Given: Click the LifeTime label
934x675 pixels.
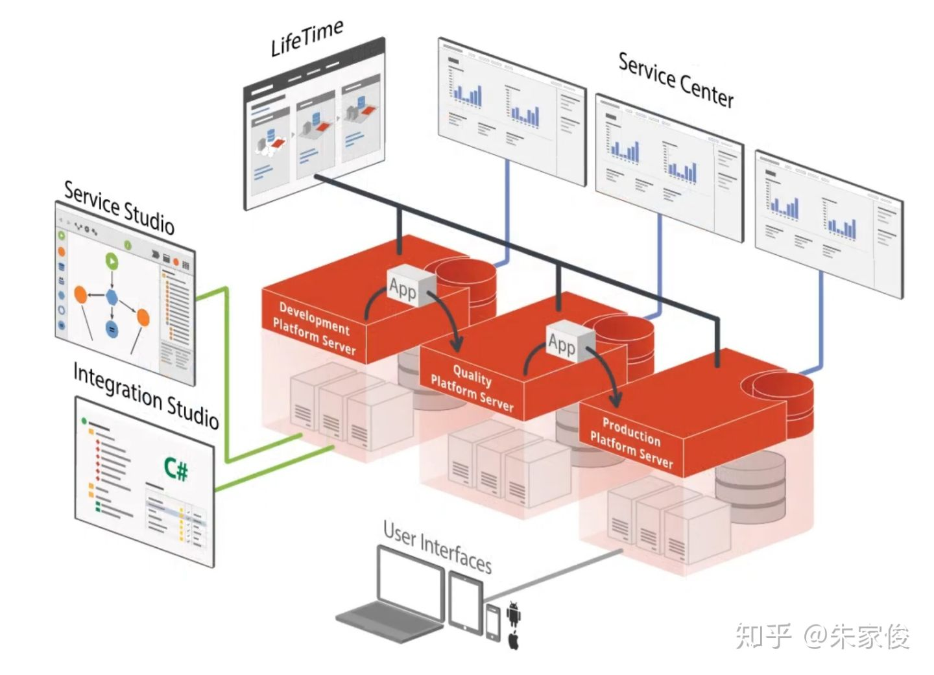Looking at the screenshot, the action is pyautogui.click(x=307, y=38).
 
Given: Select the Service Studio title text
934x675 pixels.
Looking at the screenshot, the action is pyautogui.click(x=119, y=208).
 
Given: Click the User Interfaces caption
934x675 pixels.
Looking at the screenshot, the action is pyautogui.click(x=437, y=547).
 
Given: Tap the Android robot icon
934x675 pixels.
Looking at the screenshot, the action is pyautogui.click(x=514, y=614).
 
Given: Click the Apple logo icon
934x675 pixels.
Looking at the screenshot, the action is pyautogui.click(x=514, y=641).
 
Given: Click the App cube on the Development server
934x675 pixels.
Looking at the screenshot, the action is pyautogui.click(x=411, y=285).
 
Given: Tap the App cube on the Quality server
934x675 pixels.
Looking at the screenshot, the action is pyautogui.click(x=570, y=342).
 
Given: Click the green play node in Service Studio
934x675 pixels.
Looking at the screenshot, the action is pyautogui.click(x=112, y=261).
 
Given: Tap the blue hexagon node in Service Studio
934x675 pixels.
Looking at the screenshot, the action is pyautogui.click(x=112, y=297).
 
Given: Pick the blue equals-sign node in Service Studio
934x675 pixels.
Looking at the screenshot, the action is pyautogui.click(x=112, y=329).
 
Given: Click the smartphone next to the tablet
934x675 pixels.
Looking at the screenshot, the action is pyautogui.click(x=493, y=622).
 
